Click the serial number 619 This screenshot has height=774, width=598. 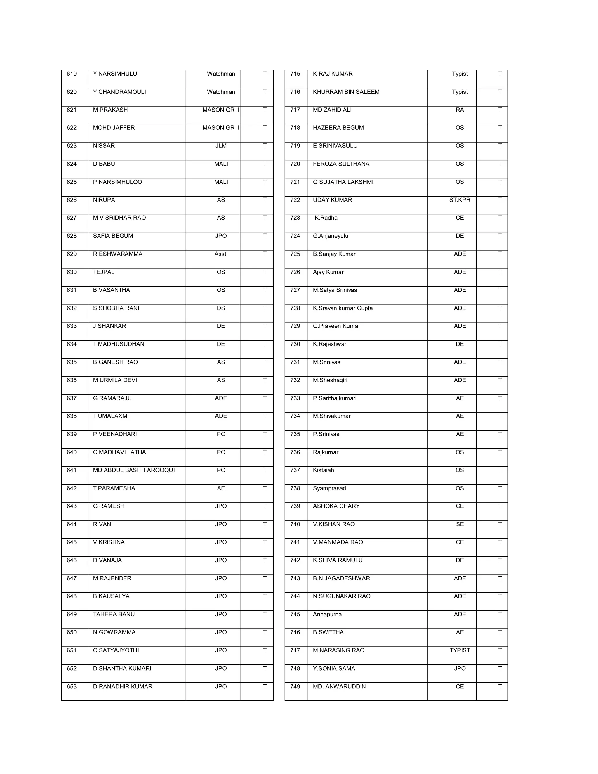[x=72, y=74]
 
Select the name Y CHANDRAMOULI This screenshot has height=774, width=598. [x=119, y=92]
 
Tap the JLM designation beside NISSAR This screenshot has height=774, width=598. [x=221, y=146]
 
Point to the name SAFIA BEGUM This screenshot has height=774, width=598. [x=113, y=236]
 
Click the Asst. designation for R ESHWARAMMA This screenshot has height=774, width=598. [x=221, y=254]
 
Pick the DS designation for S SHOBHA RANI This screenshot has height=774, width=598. [x=221, y=308]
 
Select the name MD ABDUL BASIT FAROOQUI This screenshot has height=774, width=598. [x=134, y=470]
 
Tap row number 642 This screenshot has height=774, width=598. [x=72, y=488]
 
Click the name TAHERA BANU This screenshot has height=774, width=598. [x=114, y=614]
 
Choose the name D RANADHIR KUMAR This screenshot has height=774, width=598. [x=123, y=686]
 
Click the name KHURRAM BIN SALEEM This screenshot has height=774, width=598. [x=346, y=92]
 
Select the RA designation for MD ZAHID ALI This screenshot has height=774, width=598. [x=460, y=110]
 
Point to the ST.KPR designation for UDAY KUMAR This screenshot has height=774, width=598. [x=460, y=200]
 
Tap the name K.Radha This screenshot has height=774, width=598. [x=326, y=218]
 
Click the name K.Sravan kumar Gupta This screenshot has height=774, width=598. [x=343, y=308]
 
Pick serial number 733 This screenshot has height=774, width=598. [x=295, y=398]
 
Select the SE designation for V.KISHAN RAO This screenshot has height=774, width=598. [x=460, y=524]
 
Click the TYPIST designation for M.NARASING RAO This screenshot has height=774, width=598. [x=460, y=650]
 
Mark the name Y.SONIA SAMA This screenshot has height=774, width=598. [x=334, y=668]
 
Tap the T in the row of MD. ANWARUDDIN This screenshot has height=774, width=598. [x=500, y=686]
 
